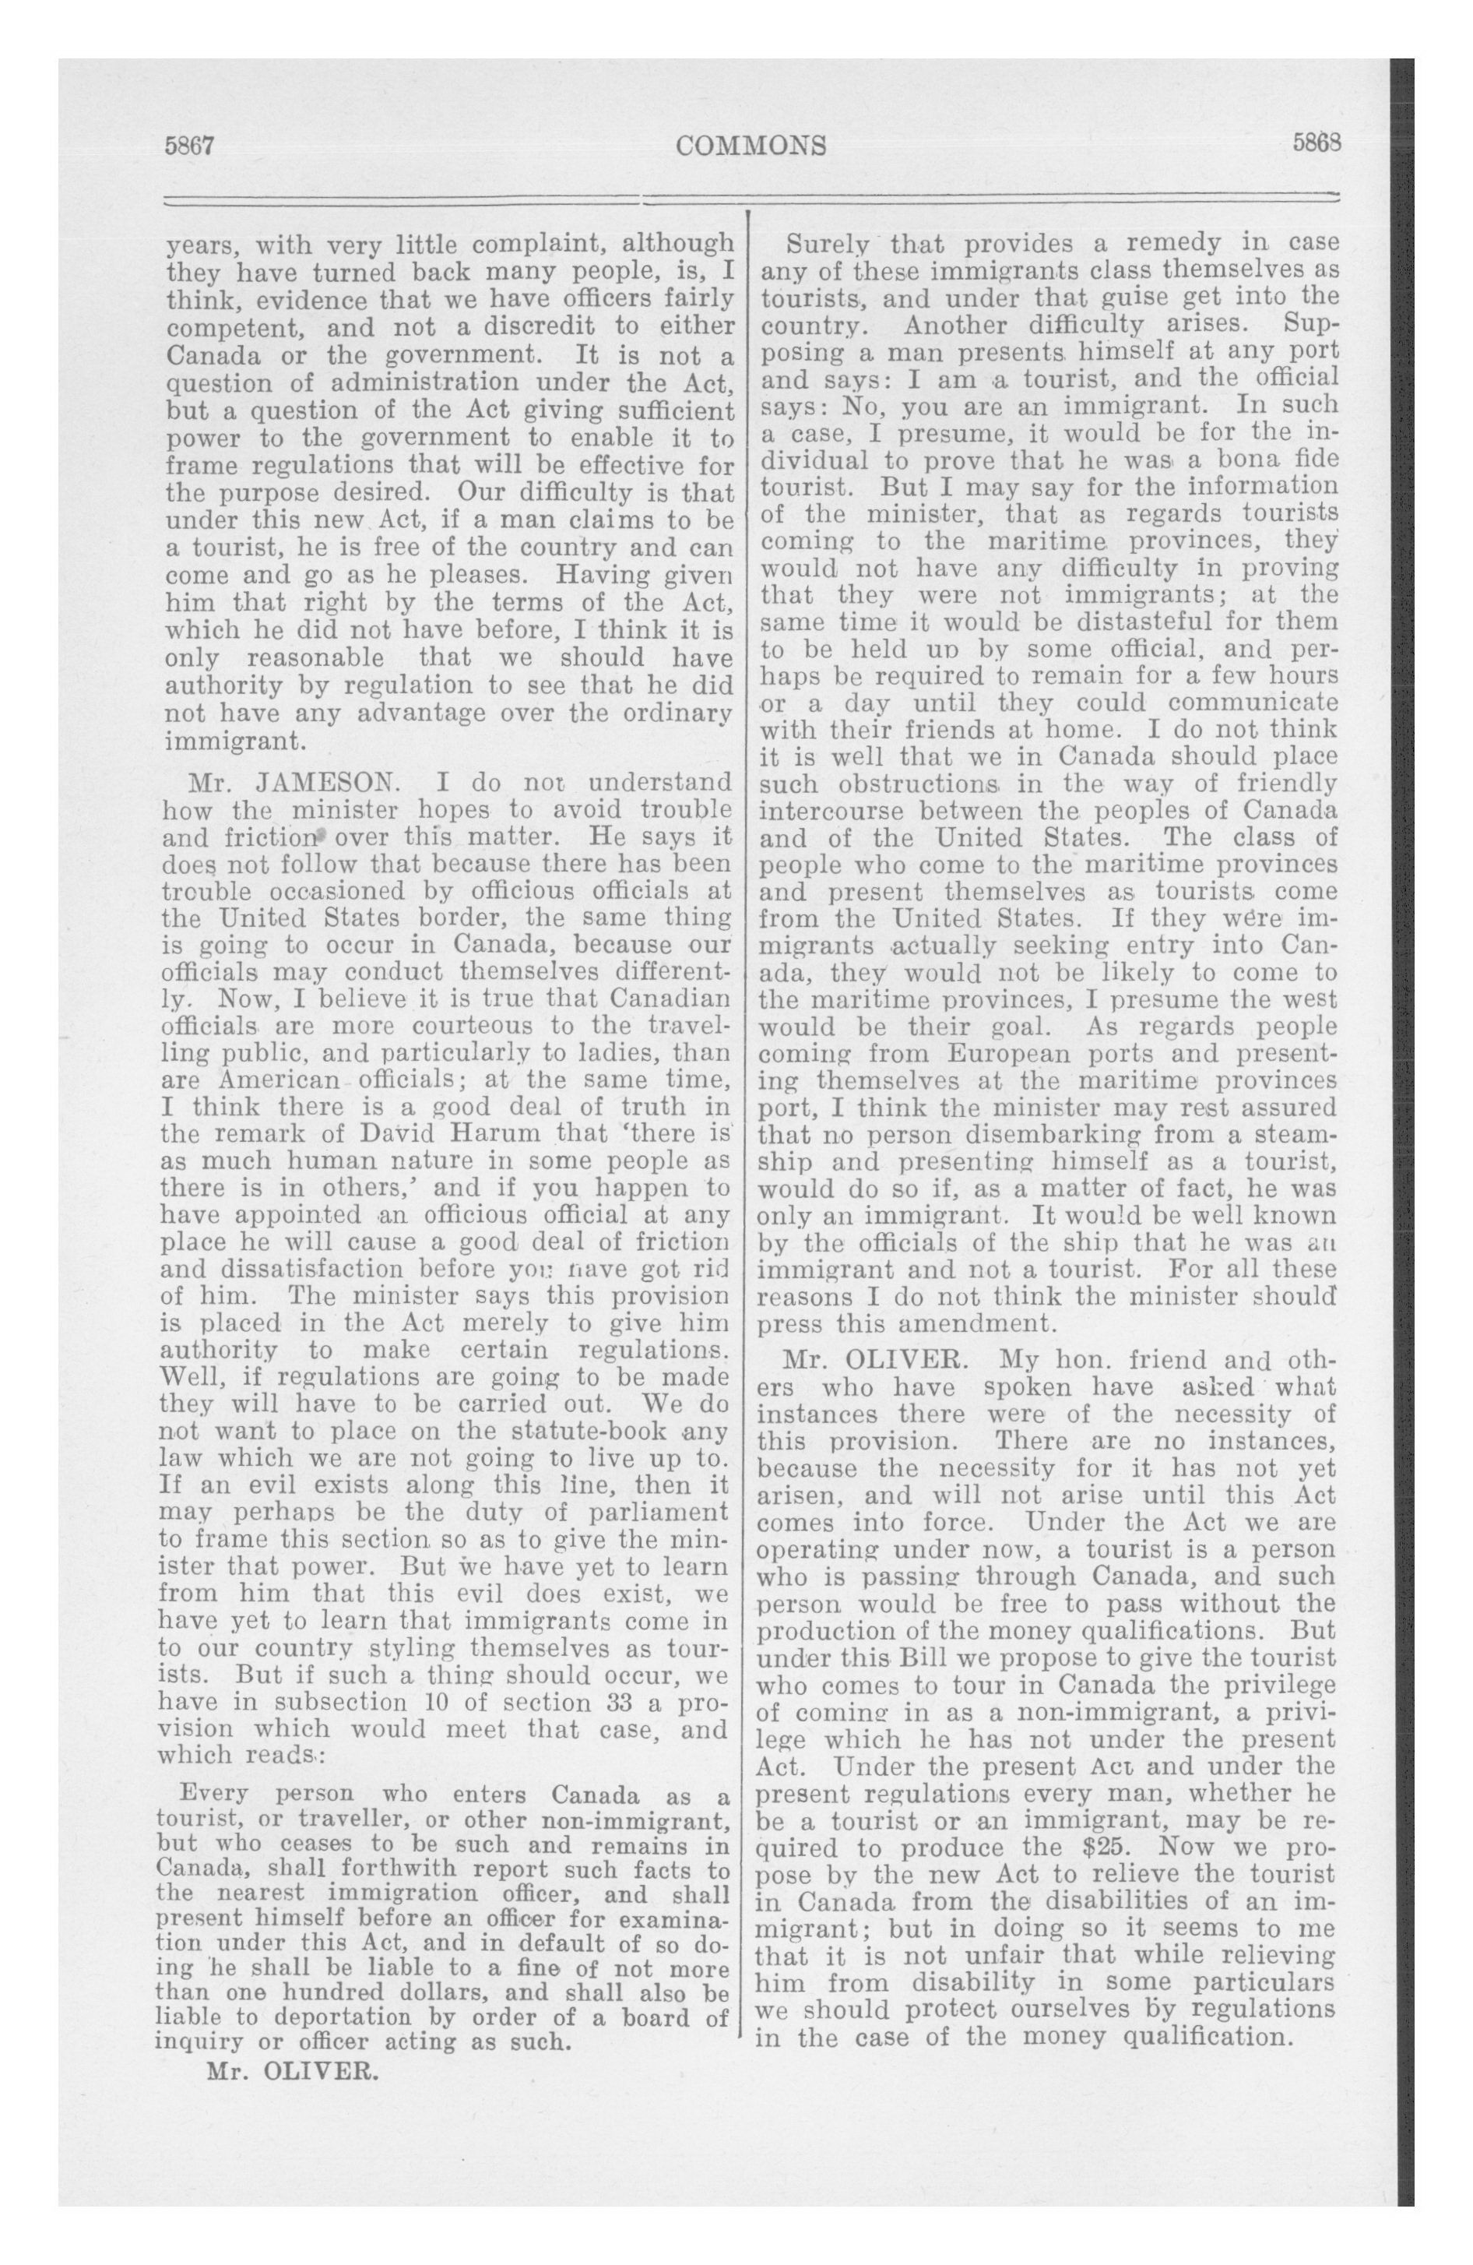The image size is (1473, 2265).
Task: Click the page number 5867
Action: pyautogui.click(x=192, y=146)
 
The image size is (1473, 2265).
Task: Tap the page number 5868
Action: pyautogui.click(x=1316, y=143)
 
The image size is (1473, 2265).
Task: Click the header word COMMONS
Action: pyautogui.click(x=751, y=146)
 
